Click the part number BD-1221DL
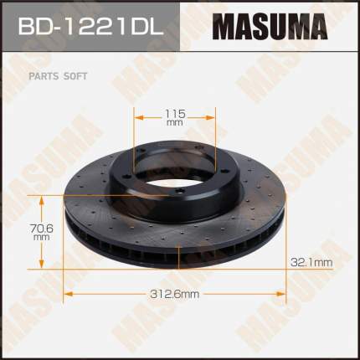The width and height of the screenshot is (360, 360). [x=90, y=27]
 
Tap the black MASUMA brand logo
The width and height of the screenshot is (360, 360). [x=270, y=27]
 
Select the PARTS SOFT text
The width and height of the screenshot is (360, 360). [x=58, y=76]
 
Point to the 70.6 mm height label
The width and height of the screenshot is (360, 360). [x=42, y=232]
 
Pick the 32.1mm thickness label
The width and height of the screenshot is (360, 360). [x=311, y=262]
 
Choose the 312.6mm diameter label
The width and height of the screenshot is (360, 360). [x=175, y=294]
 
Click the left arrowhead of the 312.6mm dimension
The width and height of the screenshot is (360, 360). [x=69, y=294]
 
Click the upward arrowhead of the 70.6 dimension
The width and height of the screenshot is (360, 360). [x=42, y=201]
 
